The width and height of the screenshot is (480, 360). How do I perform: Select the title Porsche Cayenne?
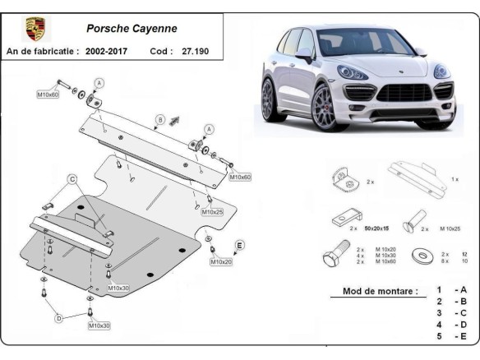(x=132, y=28)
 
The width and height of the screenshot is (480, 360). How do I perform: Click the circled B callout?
(x=160, y=118)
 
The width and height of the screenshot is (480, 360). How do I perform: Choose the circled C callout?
(x=72, y=179)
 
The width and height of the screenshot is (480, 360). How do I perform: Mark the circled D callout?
(x=58, y=318)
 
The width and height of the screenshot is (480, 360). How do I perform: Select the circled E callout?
(x=239, y=245)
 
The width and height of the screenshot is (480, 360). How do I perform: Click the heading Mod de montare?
(x=373, y=291)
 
